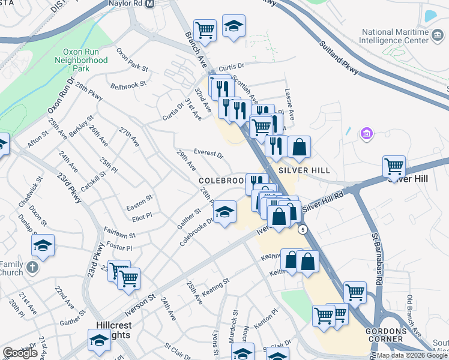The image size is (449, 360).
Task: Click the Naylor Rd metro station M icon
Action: [x=151, y=4]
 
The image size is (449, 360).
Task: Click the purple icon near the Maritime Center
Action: [x=367, y=133]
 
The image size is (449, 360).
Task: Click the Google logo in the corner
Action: [x=20, y=352]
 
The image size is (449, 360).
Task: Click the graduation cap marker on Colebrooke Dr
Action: [x=225, y=212]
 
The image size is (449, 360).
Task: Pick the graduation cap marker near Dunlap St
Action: [x=43, y=245]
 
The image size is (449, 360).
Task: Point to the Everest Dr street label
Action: [x=208, y=154]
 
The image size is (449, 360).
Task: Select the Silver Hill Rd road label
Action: [x=323, y=202]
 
